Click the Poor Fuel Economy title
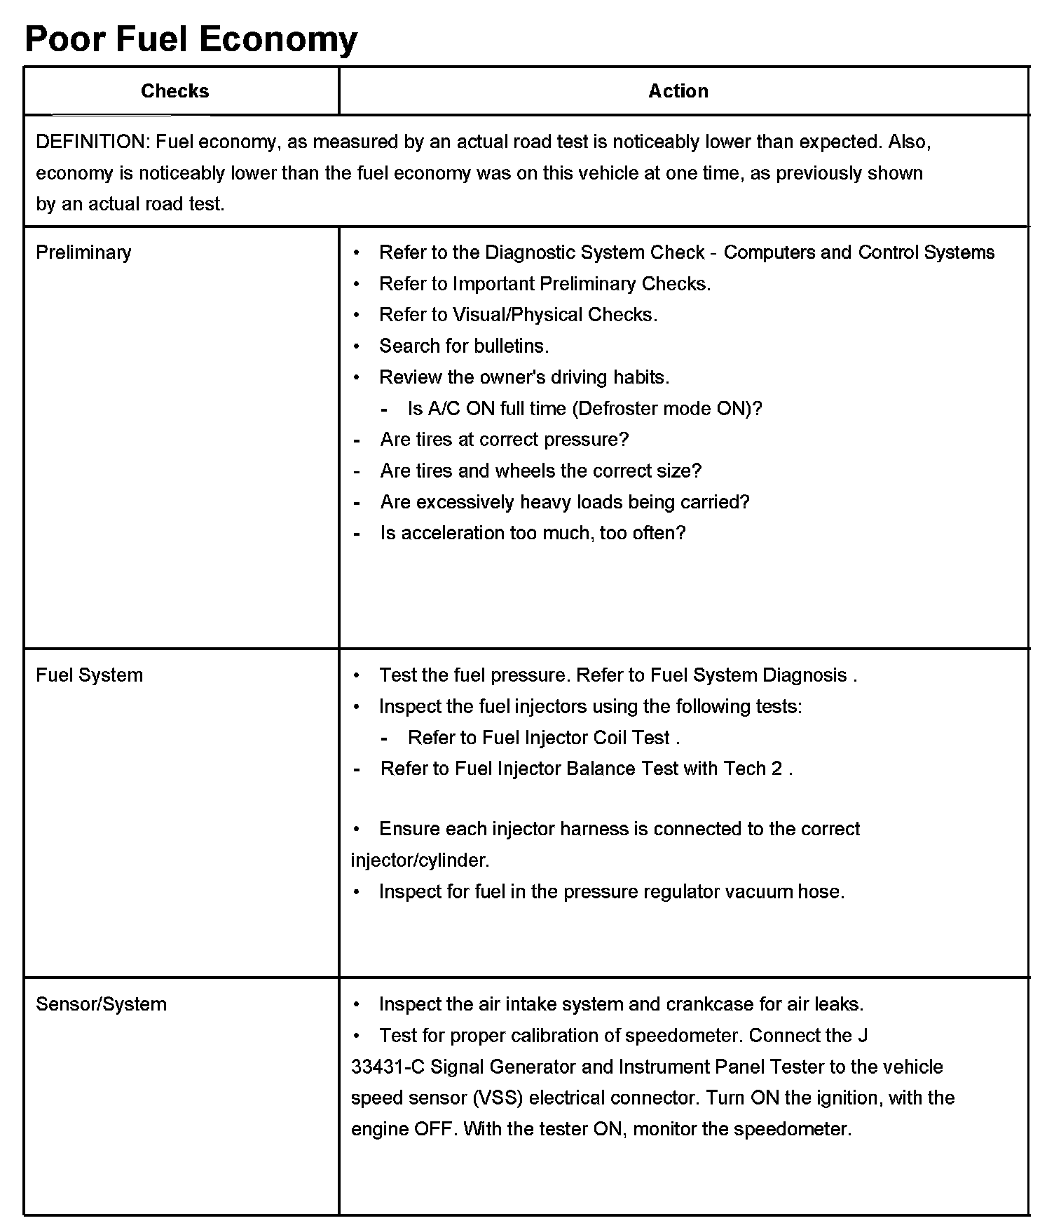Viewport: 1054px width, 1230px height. coord(191,39)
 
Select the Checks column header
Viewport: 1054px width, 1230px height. coord(175,91)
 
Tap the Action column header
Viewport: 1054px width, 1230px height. coord(678,91)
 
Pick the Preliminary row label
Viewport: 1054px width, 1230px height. coord(83,252)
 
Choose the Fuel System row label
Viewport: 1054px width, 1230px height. coord(89,675)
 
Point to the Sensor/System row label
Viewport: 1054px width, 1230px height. coord(101,1004)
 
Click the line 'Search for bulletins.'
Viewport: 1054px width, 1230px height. coord(463,346)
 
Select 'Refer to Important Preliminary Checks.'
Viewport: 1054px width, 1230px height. coord(545,284)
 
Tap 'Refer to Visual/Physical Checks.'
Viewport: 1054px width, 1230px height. coord(518,315)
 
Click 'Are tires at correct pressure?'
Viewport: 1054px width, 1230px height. coord(504,440)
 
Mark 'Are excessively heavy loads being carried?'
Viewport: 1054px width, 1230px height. coord(564,502)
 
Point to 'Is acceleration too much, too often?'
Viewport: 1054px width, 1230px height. coord(533,533)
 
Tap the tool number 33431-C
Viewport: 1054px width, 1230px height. coord(388,1067)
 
